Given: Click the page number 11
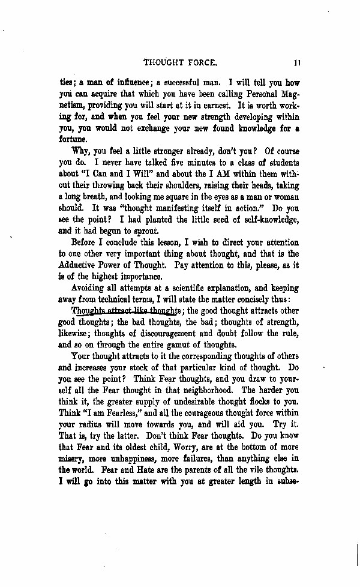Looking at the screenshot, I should tap(298, 61).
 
